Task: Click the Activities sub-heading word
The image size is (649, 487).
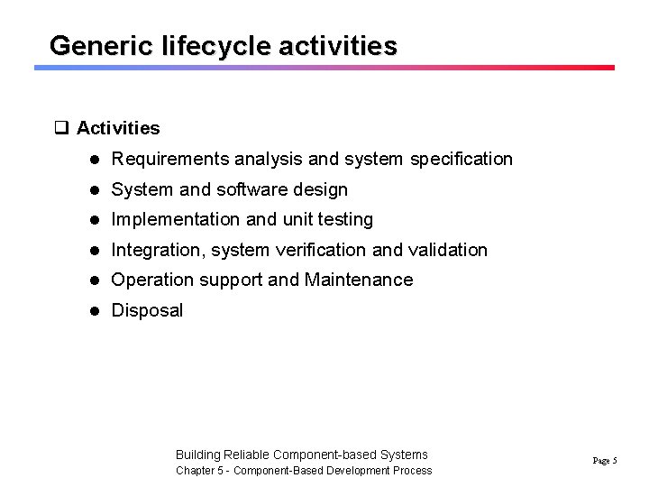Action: point(118,128)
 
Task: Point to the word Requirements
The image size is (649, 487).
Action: point(170,160)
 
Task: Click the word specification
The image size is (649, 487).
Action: point(461,160)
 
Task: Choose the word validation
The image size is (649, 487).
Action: point(447,250)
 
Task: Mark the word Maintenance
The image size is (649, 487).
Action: point(359,280)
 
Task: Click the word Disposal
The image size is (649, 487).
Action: point(146,310)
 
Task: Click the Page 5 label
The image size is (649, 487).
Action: point(604,461)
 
